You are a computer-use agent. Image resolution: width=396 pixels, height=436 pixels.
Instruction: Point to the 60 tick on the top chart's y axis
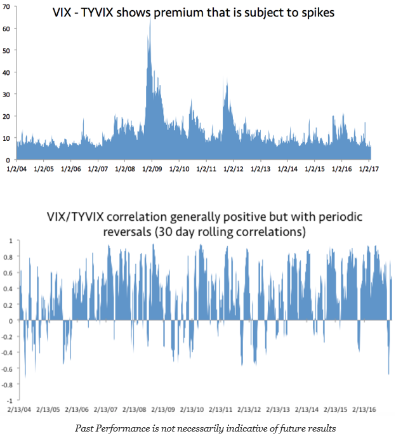[x=8, y=29]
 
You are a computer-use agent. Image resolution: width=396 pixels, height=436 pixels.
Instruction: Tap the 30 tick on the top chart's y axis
[x=8, y=94]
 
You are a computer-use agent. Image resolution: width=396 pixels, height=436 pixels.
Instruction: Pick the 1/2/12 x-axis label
[x=234, y=169]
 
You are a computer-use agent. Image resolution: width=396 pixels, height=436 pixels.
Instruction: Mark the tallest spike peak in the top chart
[x=150, y=20]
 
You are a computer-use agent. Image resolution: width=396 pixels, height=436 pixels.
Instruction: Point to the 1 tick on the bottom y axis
[x=10, y=241]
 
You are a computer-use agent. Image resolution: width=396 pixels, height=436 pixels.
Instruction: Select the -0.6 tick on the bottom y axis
[x=8, y=369]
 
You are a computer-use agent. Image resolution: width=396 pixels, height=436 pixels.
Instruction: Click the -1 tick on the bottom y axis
[x=9, y=401]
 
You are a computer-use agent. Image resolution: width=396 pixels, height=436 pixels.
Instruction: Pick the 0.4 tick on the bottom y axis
[x=9, y=289]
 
